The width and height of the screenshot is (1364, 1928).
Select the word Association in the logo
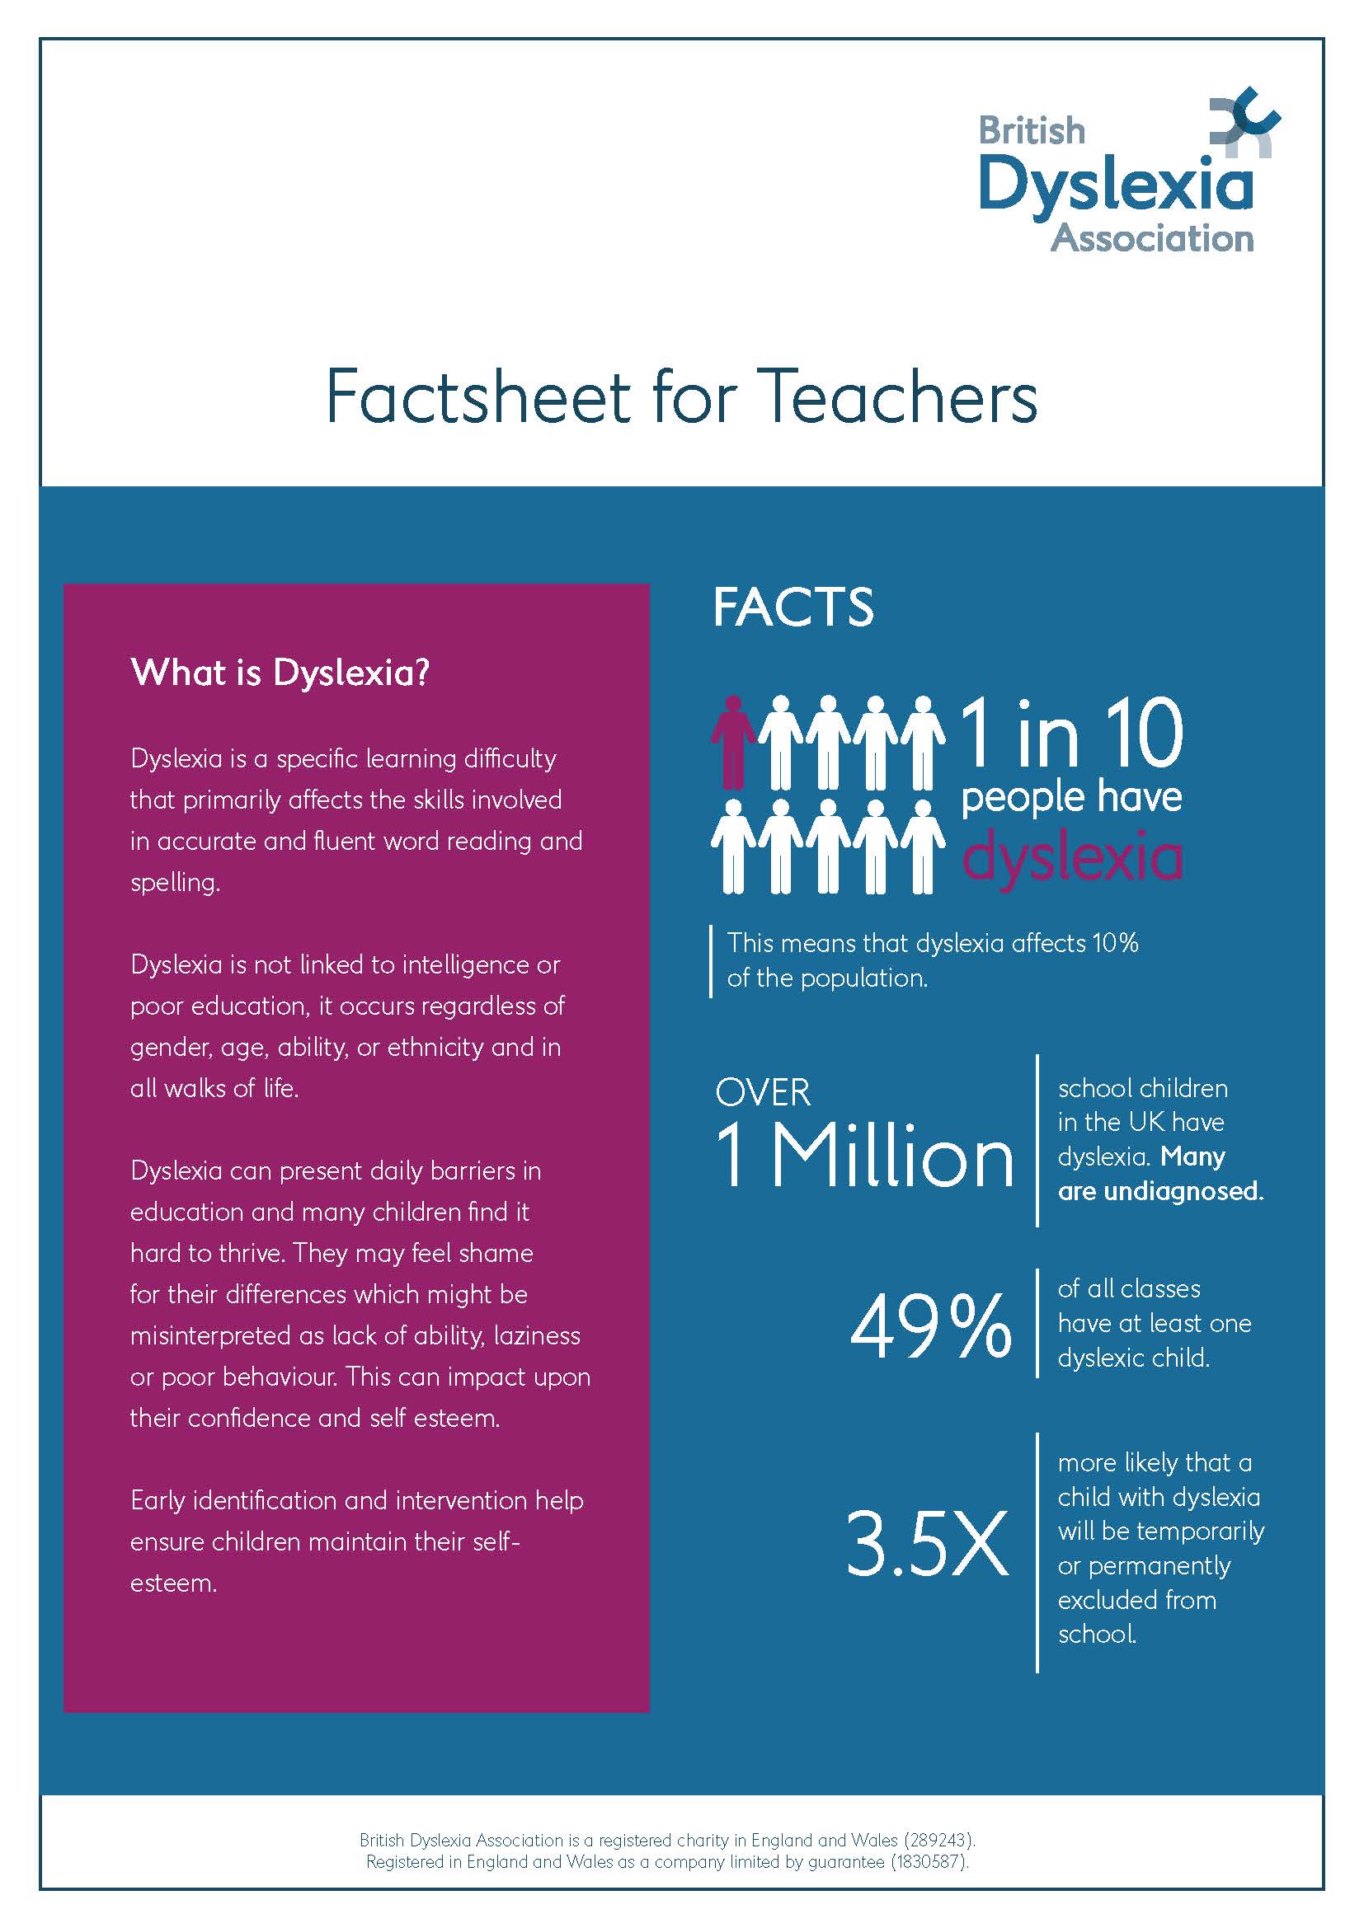[x=1151, y=239]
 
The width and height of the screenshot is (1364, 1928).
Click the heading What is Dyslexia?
[x=280, y=673]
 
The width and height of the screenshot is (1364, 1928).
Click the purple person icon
[x=733, y=743]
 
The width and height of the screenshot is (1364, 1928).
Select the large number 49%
[x=930, y=1325]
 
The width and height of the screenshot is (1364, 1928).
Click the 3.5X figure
[x=926, y=1543]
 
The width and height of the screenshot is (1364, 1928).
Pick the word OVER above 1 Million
[x=763, y=1092]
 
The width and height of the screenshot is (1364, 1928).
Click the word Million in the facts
[x=892, y=1157]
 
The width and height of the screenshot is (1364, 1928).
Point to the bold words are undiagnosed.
[x=1160, y=1192]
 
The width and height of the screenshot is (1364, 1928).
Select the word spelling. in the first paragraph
[x=175, y=883]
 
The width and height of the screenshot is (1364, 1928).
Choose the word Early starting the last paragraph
[x=157, y=1500]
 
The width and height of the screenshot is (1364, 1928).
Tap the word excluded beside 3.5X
[x=1103, y=1600]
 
